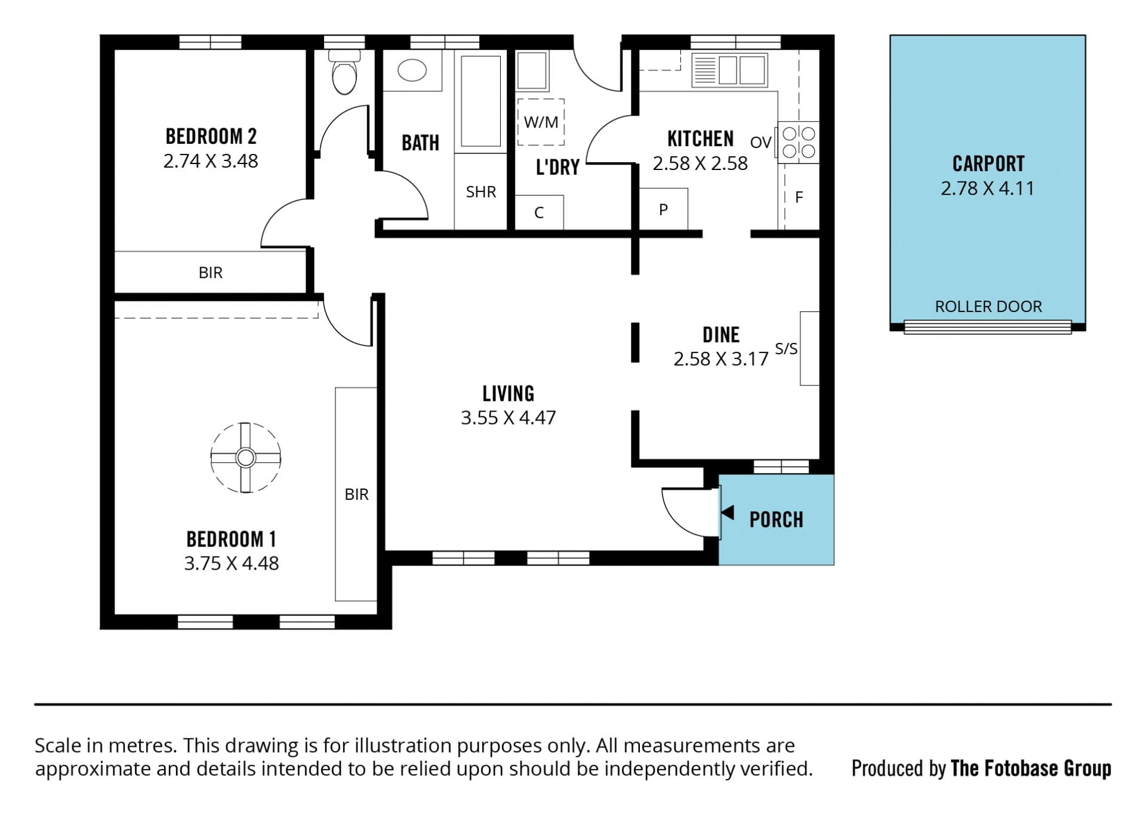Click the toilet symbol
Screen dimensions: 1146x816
pos(344,72)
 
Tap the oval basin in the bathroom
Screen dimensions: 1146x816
pos(412,70)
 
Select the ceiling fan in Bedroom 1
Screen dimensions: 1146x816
pos(245,458)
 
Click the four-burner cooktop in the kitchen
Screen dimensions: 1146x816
pos(799,142)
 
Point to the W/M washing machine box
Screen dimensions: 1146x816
pos(541,122)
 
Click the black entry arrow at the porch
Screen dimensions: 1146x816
pos(728,512)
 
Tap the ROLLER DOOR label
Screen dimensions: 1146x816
pos(988,307)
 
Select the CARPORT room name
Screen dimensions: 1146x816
pos(988,163)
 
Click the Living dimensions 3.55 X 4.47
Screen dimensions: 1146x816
pos(508,418)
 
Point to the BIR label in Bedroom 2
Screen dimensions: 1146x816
pos(210,273)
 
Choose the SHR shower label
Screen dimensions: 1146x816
pos(480,191)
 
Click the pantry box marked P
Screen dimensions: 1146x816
pos(663,209)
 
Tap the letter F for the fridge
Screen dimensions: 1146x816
pos(799,197)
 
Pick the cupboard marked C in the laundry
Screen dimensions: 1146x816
pos(539,212)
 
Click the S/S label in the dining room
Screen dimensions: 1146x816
pos(785,348)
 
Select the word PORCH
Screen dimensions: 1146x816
pos(776,520)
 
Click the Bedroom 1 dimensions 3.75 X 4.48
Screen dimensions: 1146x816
pos(231,563)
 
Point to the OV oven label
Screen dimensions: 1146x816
pos(760,143)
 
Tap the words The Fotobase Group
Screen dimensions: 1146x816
pos(1031,768)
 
